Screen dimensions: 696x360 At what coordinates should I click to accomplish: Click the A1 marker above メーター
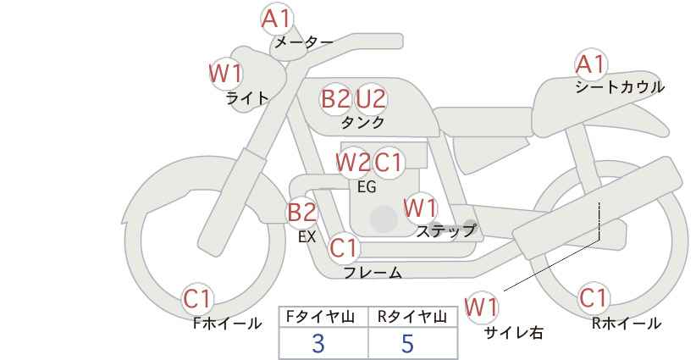click(277, 19)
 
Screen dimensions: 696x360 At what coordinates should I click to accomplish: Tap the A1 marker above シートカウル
click(590, 64)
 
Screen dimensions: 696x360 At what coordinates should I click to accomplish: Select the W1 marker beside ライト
click(225, 73)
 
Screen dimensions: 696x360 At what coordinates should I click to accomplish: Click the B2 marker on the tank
click(336, 98)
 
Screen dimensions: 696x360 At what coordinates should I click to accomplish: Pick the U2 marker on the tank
click(371, 98)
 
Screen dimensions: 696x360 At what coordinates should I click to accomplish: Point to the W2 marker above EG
click(353, 163)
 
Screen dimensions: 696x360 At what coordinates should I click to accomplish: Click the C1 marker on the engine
click(388, 163)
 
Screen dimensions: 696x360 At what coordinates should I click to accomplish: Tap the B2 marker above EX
click(302, 212)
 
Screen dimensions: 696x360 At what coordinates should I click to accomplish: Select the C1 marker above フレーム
click(344, 248)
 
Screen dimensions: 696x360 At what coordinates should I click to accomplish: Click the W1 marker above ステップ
click(421, 208)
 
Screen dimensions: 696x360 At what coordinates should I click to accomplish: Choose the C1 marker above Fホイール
click(198, 298)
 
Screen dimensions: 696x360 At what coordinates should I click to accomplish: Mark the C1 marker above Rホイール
click(593, 298)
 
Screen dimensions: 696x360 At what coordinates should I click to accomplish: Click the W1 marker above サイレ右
click(481, 307)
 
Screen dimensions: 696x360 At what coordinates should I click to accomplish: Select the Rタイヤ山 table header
click(412, 317)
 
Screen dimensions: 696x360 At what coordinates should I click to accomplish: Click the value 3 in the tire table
click(318, 343)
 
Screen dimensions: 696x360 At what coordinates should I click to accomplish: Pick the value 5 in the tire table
click(407, 343)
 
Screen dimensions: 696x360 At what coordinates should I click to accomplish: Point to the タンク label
click(362, 122)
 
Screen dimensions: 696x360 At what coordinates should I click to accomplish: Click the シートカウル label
click(620, 87)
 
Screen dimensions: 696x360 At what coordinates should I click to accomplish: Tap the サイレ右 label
click(513, 333)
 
